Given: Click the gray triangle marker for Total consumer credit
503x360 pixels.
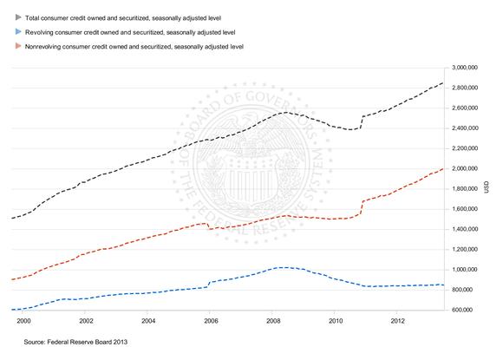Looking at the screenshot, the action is [18, 17].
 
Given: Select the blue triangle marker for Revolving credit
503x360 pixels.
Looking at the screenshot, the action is [18, 32].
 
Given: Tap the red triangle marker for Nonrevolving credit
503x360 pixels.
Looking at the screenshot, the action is [18, 46].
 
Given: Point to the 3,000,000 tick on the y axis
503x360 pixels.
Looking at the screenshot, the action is [465, 68].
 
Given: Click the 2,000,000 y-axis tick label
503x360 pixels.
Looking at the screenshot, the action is [465, 169].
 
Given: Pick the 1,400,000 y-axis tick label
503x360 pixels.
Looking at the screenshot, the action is [465, 229].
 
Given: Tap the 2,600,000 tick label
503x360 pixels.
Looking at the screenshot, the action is [465, 108].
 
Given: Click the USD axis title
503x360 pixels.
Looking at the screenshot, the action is [487, 187].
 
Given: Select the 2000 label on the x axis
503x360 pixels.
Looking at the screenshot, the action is [23, 321].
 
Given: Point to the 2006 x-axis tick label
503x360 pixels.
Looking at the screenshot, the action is [211, 321].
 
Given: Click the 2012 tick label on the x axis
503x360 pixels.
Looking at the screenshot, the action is [398, 321].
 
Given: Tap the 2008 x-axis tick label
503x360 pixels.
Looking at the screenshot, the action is [273, 321].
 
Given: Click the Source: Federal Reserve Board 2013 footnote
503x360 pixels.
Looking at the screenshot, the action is [75, 342].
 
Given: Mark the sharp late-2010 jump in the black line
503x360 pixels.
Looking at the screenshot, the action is [362, 122].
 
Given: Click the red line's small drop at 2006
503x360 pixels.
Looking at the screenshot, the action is [208, 226].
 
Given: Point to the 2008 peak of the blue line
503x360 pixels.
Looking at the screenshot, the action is [283, 267].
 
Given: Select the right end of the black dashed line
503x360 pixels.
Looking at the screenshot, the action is [443, 82].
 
